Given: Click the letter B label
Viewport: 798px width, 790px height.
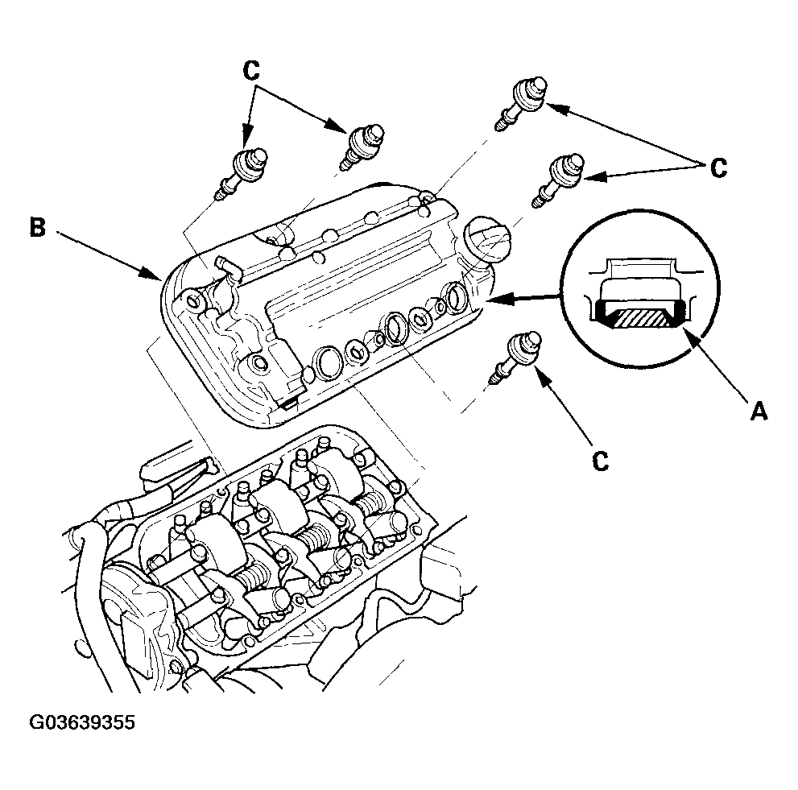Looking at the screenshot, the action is click(37, 227).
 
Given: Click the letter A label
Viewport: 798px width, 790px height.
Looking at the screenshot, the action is click(759, 410).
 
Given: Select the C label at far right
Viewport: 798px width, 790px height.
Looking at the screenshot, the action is click(718, 168).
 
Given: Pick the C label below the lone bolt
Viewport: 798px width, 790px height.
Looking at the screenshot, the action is click(601, 461).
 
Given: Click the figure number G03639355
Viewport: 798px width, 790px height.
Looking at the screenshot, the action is click(82, 722).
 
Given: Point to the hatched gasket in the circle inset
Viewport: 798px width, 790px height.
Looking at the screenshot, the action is click(641, 319).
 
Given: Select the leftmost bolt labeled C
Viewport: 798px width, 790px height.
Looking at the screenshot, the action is click(242, 173).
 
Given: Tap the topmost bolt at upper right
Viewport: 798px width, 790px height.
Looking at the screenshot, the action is click(521, 105).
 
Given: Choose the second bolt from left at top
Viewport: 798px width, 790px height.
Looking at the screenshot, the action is click(362, 147).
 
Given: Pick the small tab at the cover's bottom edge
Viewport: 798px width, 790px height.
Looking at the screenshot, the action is click(289, 404).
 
